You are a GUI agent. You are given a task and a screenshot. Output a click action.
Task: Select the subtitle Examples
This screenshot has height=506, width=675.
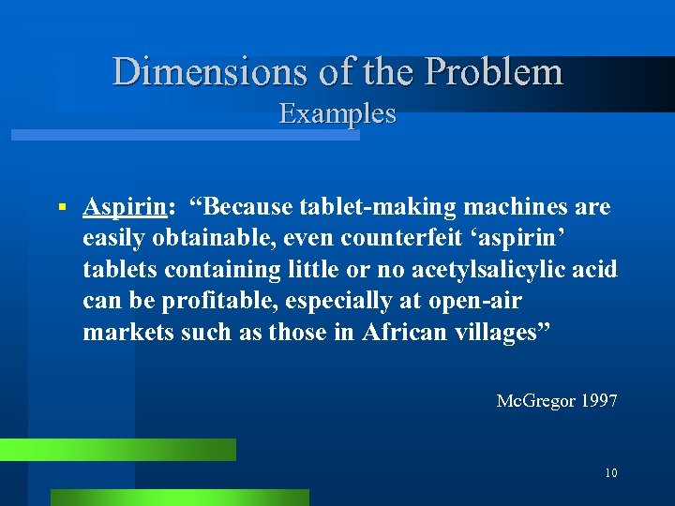pyautogui.click(x=337, y=114)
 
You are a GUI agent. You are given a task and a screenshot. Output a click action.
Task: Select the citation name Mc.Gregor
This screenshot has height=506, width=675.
pyautogui.click(x=535, y=401)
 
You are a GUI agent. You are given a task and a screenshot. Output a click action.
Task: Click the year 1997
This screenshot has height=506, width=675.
pyautogui.click(x=599, y=401)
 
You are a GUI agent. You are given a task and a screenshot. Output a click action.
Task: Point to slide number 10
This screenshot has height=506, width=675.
pyautogui.click(x=610, y=473)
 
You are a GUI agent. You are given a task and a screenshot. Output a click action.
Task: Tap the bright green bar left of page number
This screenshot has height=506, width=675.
pyautogui.click(x=117, y=450)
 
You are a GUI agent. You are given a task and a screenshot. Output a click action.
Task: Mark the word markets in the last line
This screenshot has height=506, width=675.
pyautogui.click(x=123, y=333)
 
